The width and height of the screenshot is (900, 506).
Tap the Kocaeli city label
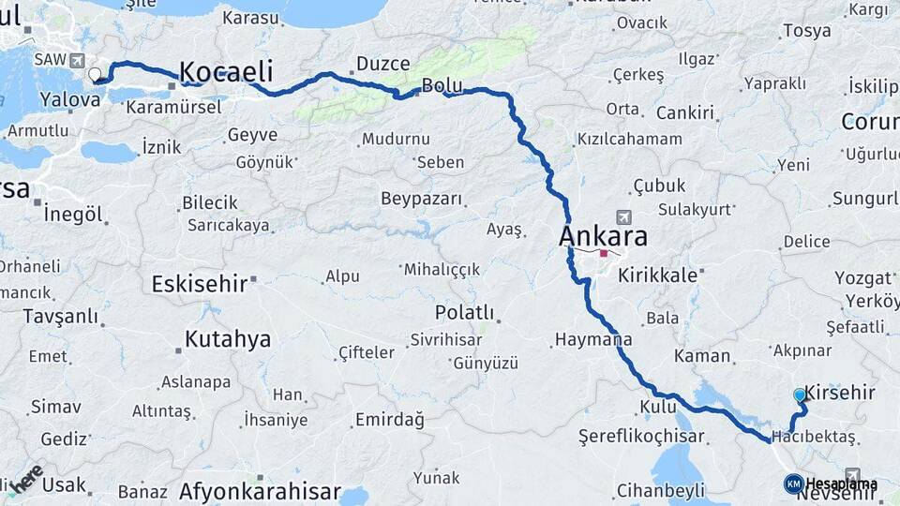pyautogui.click(x=225, y=72)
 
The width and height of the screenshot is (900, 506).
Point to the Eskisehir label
pyautogui.click(x=199, y=282)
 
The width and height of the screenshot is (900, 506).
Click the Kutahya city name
pyautogui.click(x=227, y=339)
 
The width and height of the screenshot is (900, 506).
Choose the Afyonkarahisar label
pyautogui.click(x=260, y=490)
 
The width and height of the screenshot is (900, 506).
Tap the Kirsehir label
pyautogui.click(x=840, y=394)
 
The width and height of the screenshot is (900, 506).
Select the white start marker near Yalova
pyautogui.click(x=94, y=74)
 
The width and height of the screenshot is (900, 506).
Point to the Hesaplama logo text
pyautogui.click(x=841, y=484)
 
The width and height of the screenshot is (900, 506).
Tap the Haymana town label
pyautogui.click(x=592, y=339)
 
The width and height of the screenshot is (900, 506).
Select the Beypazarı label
pyautogui.click(x=422, y=199)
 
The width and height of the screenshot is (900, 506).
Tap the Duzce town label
pyautogui.click(x=382, y=64)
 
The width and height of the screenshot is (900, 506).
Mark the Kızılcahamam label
pyautogui.click(x=629, y=139)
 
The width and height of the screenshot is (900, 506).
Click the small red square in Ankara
pyautogui.click(x=605, y=253)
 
